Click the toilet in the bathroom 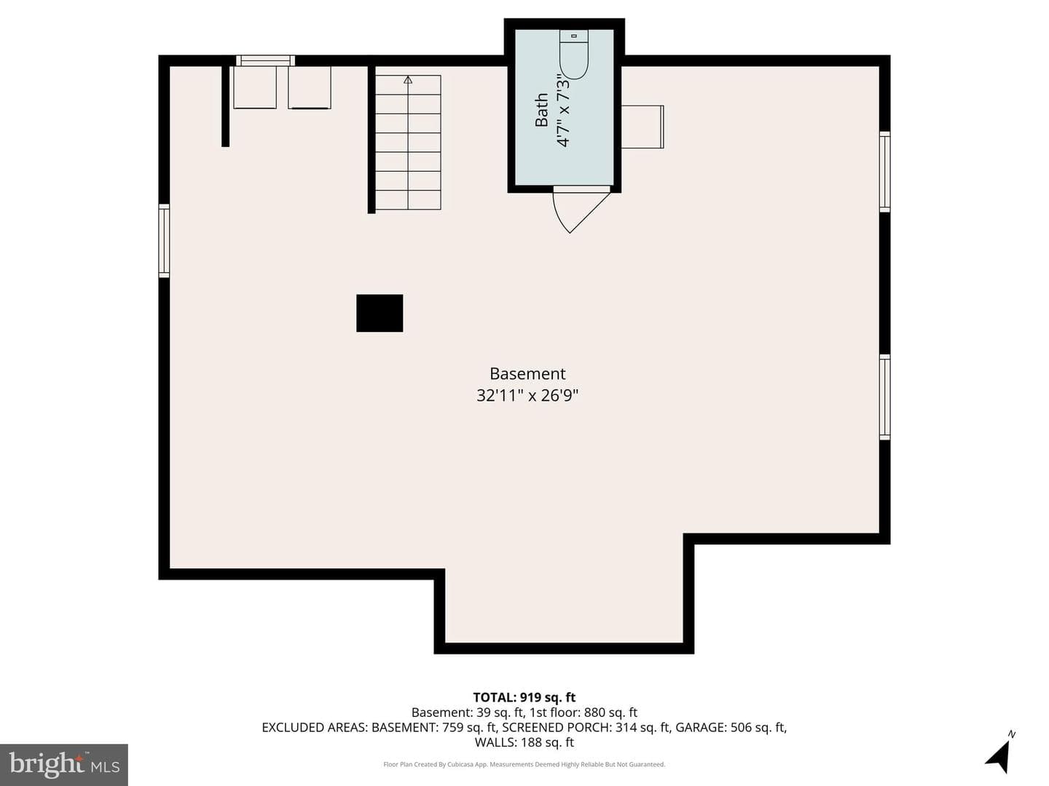(573, 54)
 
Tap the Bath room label (541, 110)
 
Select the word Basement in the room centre (527, 373)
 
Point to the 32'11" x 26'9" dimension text (527, 396)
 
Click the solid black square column (380, 313)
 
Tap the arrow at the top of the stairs (408, 80)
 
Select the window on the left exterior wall (164, 240)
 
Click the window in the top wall (265, 60)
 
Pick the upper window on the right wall (884, 172)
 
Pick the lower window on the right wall (884, 397)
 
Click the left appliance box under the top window (255, 87)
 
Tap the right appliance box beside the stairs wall (310, 88)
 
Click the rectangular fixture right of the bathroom (643, 127)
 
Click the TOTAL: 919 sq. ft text (524, 697)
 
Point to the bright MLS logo (64, 764)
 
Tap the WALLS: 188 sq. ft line (524, 742)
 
